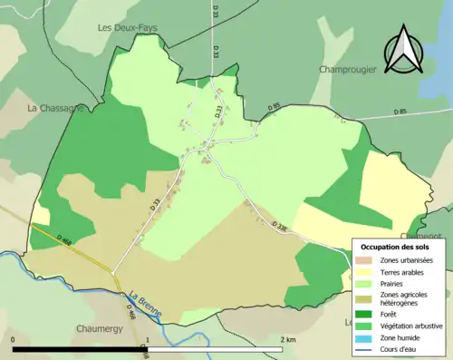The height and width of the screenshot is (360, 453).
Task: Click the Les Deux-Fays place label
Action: coord(127,28)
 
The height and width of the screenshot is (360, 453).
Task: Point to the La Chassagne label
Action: coord(56,107)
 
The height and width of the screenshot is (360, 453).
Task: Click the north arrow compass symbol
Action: coord(402,51)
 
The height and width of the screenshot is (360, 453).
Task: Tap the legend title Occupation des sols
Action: coord(395,247)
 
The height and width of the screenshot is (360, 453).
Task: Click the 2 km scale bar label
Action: coord(288,339)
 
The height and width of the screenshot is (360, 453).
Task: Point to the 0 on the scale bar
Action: coord(14,339)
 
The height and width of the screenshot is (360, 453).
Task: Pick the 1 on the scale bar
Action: coord(147,339)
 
